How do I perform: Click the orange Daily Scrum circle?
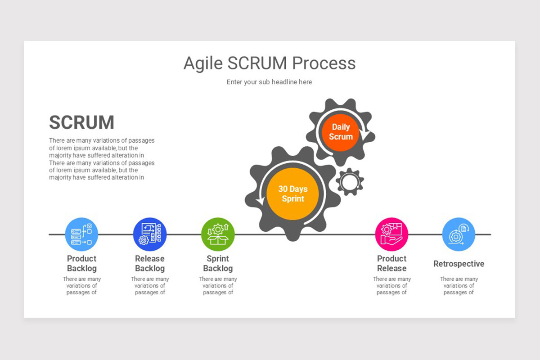click(x=340, y=132)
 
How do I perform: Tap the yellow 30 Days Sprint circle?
click(x=292, y=193)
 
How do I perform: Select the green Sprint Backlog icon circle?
click(x=218, y=234)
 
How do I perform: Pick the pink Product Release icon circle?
click(x=391, y=234)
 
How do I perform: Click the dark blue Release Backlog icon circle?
click(x=150, y=234)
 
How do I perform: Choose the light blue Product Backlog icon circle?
click(x=81, y=234)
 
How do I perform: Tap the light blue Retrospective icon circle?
click(x=459, y=234)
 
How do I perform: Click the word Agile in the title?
click(x=203, y=63)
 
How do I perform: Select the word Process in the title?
click(x=324, y=63)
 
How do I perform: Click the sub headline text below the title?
click(x=269, y=82)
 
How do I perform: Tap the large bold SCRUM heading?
click(x=81, y=122)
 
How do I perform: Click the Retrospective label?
click(x=459, y=264)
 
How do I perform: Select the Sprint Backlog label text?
click(x=218, y=264)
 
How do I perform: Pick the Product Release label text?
click(x=392, y=263)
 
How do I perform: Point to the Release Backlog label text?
click(x=150, y=264)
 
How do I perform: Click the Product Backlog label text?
click(x=82, y=264)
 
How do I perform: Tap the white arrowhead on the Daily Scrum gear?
click(x=365, y=135)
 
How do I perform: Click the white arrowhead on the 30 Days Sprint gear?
click(x=261, y=201)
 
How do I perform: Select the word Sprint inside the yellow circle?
click(x=293, y=199)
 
